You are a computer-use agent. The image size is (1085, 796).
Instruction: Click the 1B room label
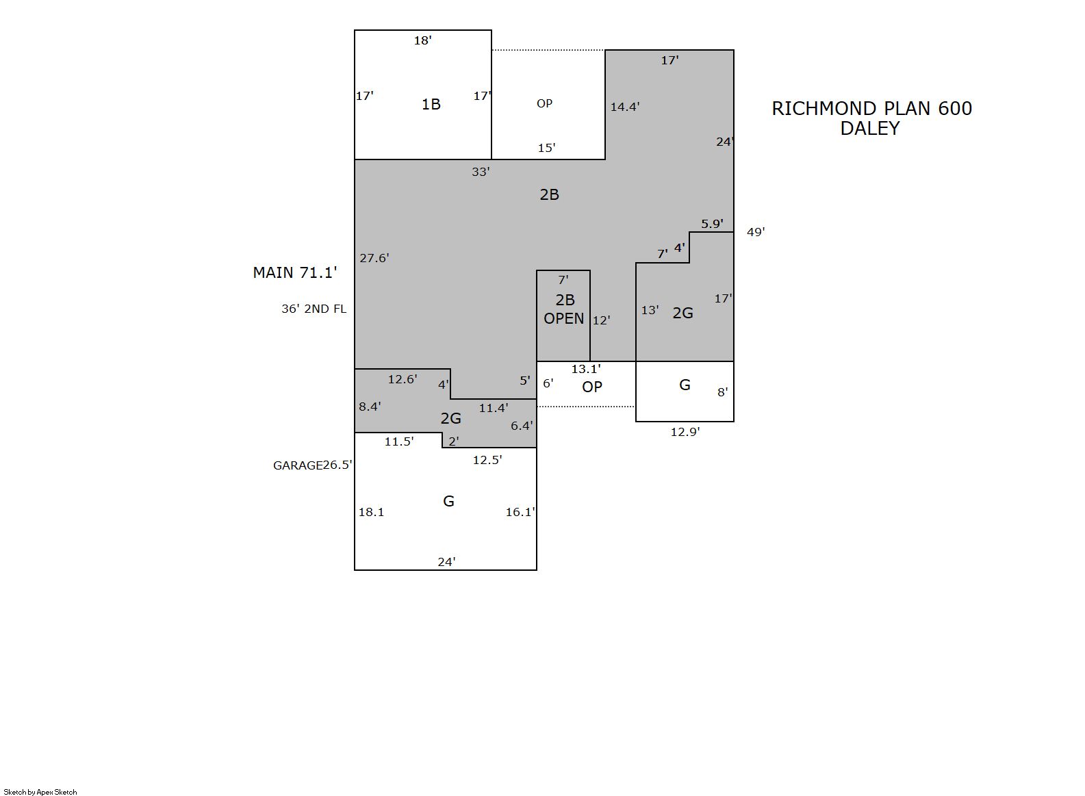point(431,104)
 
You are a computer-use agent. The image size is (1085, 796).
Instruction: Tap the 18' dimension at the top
point(422,40)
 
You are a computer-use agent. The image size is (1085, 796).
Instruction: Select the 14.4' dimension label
point(625,107)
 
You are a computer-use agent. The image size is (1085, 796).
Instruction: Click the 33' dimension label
point(481,172)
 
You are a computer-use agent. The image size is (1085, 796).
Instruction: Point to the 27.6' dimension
point(374,258)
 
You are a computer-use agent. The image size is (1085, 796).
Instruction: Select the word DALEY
point(870,128)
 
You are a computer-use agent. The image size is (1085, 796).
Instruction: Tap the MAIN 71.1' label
point(295,272)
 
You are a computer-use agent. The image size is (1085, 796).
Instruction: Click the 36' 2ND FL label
point(314,309)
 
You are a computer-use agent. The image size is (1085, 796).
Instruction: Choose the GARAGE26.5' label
point(312,465)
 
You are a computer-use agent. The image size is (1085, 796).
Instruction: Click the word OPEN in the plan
point(564,318)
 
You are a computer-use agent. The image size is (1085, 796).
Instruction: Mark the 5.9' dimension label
point(712,224)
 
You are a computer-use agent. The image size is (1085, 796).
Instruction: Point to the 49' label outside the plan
point(756,232)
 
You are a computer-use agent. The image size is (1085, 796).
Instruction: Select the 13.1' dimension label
point(586,369)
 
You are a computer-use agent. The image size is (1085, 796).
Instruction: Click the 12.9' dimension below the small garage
point(685,432)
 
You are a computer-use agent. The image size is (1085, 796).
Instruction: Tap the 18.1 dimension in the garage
point(371,512)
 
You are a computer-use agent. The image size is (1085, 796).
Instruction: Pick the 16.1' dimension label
point(520,512)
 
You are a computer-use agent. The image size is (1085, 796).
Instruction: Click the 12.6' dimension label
point(403,379)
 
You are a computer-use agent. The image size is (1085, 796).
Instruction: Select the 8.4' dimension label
point(370,407)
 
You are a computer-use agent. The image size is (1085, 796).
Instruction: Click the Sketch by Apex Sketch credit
point(40,792)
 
